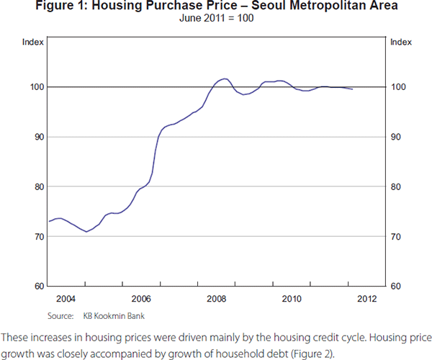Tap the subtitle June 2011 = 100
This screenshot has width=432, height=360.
[x=216, y=19]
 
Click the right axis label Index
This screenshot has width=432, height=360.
[x=401, y=44]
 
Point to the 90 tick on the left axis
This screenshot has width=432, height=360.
[x=37, y=137]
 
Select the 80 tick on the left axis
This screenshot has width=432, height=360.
[x=37, y=186]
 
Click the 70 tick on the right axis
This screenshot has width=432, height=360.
[x=395, y=237]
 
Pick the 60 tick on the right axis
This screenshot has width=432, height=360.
[x=395, y=287]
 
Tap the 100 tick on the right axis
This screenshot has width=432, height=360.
[x=397, y=87]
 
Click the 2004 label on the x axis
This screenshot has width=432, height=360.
[x=66, y=299]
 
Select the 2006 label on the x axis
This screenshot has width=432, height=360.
[x=141, y=299]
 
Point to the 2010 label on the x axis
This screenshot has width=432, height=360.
[x=292, y=299]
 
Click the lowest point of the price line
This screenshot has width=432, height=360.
[x=86, y=232]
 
